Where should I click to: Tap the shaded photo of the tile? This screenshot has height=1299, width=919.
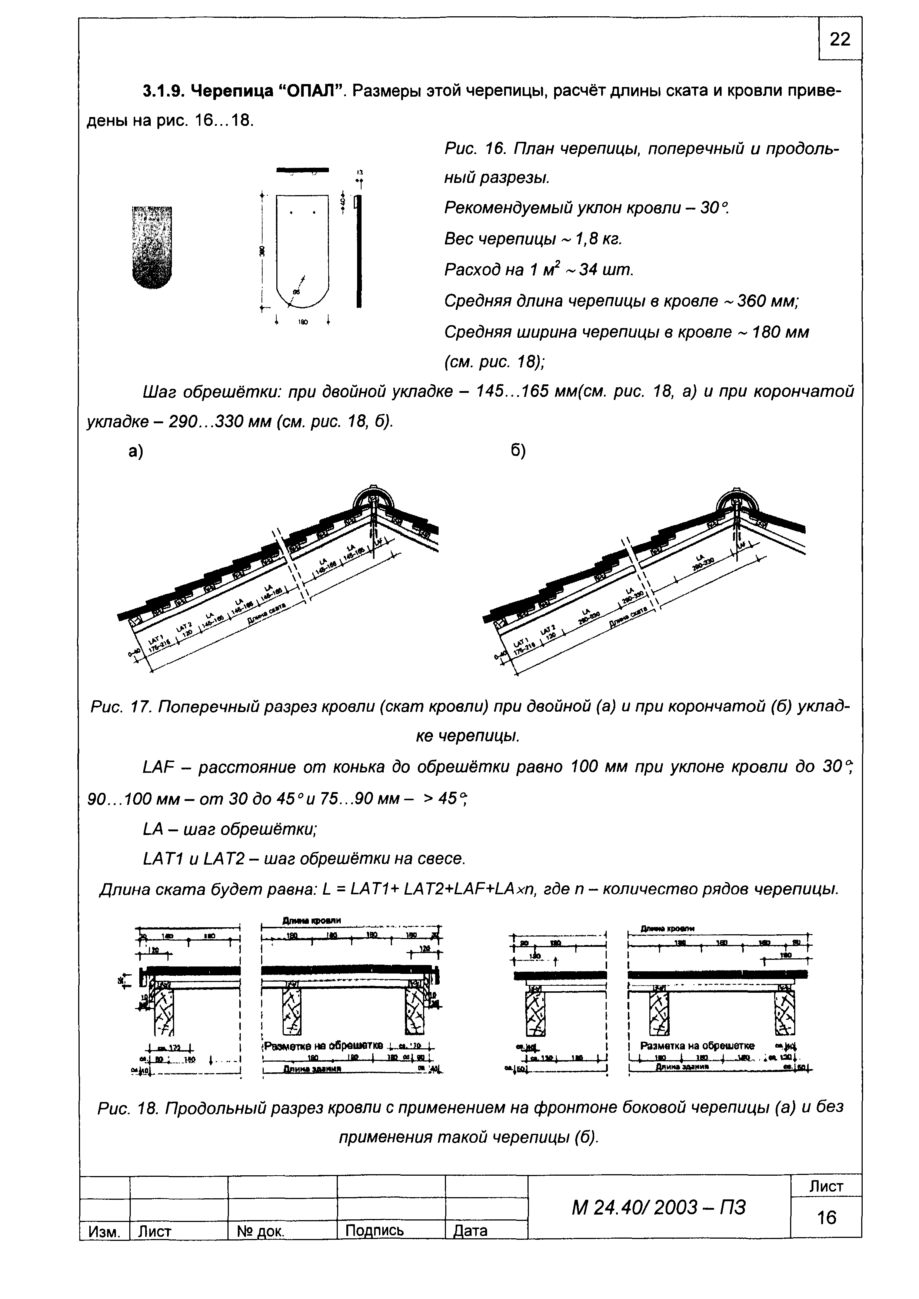tap(151, 247)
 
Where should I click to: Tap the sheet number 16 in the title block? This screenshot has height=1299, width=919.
tap(826, 1217)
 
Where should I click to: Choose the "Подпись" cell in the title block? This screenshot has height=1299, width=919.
tap(374, 1230)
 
